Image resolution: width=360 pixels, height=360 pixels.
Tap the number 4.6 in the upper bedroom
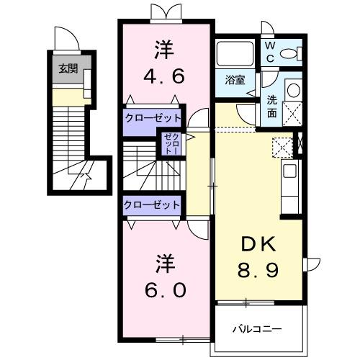click(x=163, y=74)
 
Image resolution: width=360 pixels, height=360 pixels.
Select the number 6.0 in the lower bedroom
click(x=166, y=289)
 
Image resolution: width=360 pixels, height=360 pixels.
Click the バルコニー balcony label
click(x=256, y=329)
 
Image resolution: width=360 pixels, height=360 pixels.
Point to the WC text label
click(x=268, y=51)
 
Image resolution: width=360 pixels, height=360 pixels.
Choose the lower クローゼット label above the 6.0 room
click(x=151, y=204)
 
